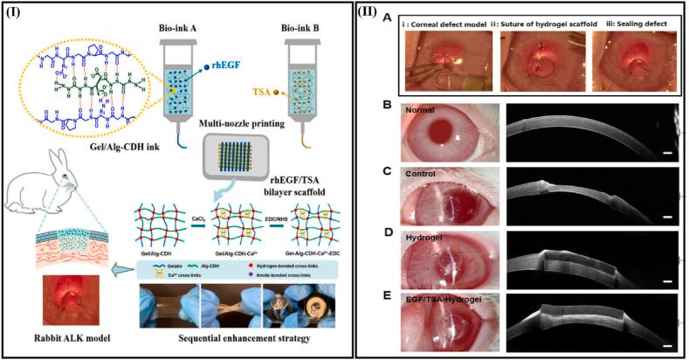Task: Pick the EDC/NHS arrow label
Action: coord(275,209)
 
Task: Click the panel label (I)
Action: coord(18,16)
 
